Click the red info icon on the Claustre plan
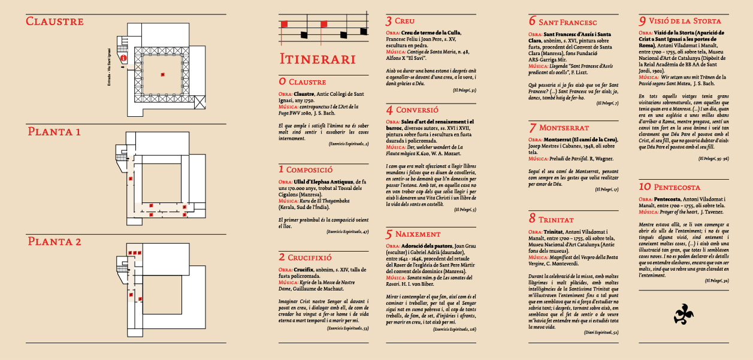[x=124, y=58]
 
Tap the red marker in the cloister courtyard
[x=162, y=74]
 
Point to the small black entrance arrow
[x=122, y=67]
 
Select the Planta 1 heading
[x=53, y=131]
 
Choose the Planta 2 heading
[x=53, y=241]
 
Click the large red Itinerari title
[x=317, y=59]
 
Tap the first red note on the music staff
[x=285, y=24]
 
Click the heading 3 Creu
[x=401, y=21]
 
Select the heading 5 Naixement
[x=413, y=234]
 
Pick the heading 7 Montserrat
[x=559, y=128]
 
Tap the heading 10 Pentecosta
[x=669, y=187]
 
